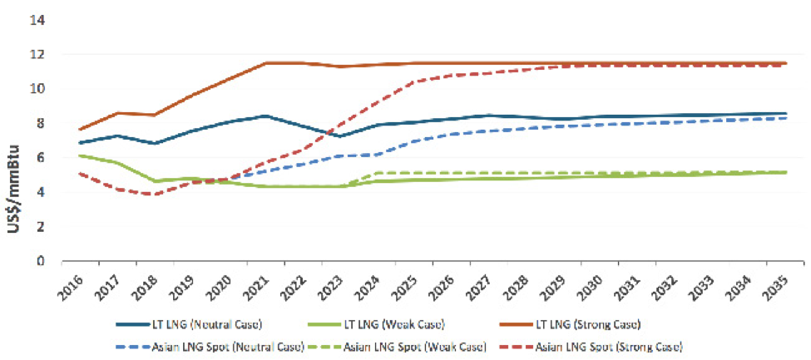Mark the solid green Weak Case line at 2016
coord(80,155)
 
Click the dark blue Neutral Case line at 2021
coord(266,116)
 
